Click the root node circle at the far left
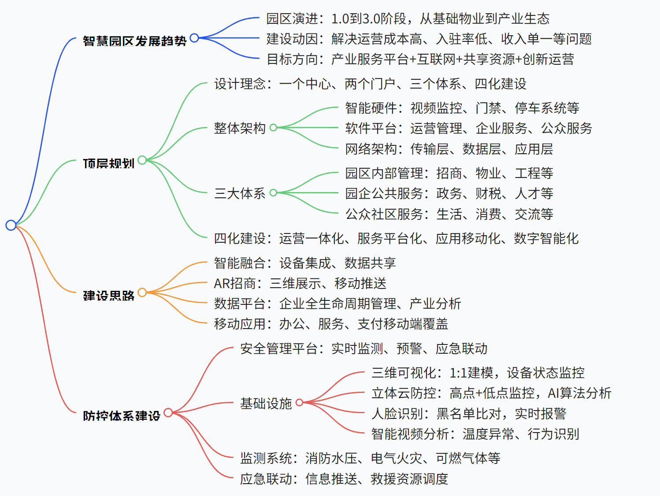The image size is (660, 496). click(11, 225)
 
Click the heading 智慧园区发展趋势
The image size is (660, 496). click(134, 41)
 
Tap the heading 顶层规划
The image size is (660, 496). click(108, 163)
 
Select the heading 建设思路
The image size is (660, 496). click(109, 296)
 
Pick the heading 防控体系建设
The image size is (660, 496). click(122, 416)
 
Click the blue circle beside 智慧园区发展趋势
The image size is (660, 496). click(194, 38)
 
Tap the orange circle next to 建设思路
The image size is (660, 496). click(142, 292)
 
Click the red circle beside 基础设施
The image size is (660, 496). click(300, 402)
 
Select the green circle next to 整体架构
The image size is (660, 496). click(273, 128)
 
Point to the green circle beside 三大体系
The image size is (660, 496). click(273, 192)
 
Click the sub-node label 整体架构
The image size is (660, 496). click(240, 128)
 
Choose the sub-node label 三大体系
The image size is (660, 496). click(240, 193)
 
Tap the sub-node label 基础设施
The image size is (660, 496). click(266, 403)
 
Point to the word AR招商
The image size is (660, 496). click(234, 283)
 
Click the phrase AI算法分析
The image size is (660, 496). click(579, 393)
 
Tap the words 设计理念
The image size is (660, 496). click(240, 84)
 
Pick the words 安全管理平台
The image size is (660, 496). click(278, 348)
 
